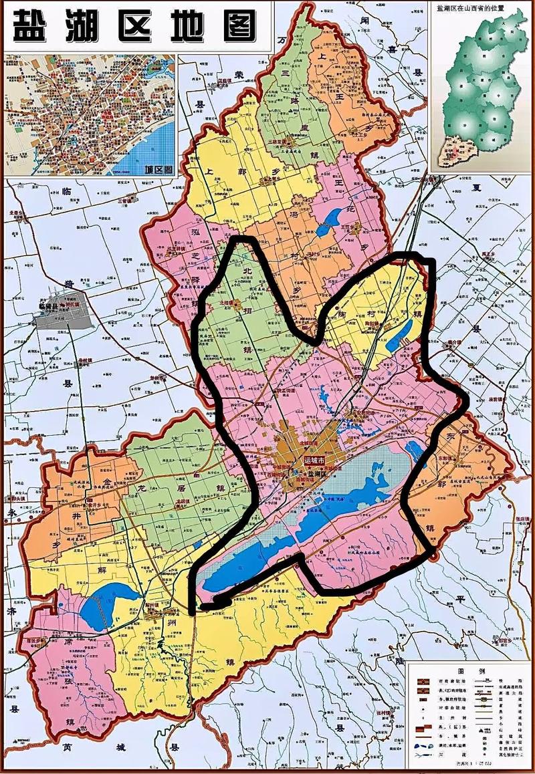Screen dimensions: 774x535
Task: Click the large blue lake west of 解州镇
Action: [x=104, y=601]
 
